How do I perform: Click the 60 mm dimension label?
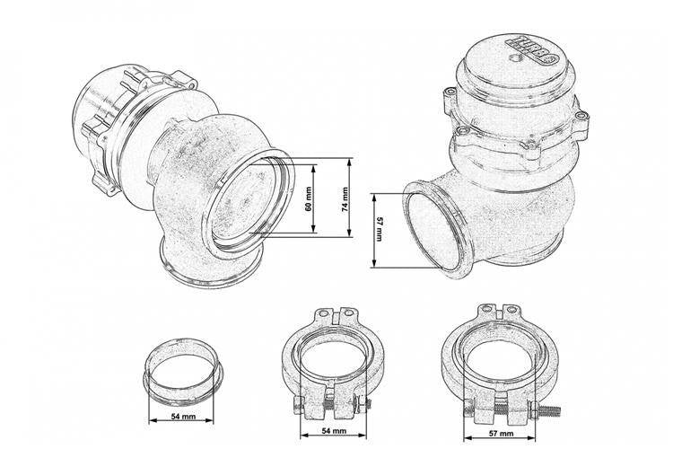pyautogui.click(x=308, y=199)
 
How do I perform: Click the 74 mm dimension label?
pyautogui.click(x=345, y=199)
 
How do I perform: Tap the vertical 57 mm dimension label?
pyautogui.click(x=379, y=229)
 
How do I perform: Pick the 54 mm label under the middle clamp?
pyautogui.click(x=334, y=430)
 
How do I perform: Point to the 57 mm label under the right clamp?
pyautogui.click(x=501, y=434)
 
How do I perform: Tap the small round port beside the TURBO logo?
pyautogui.click(x=515, y=58)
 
